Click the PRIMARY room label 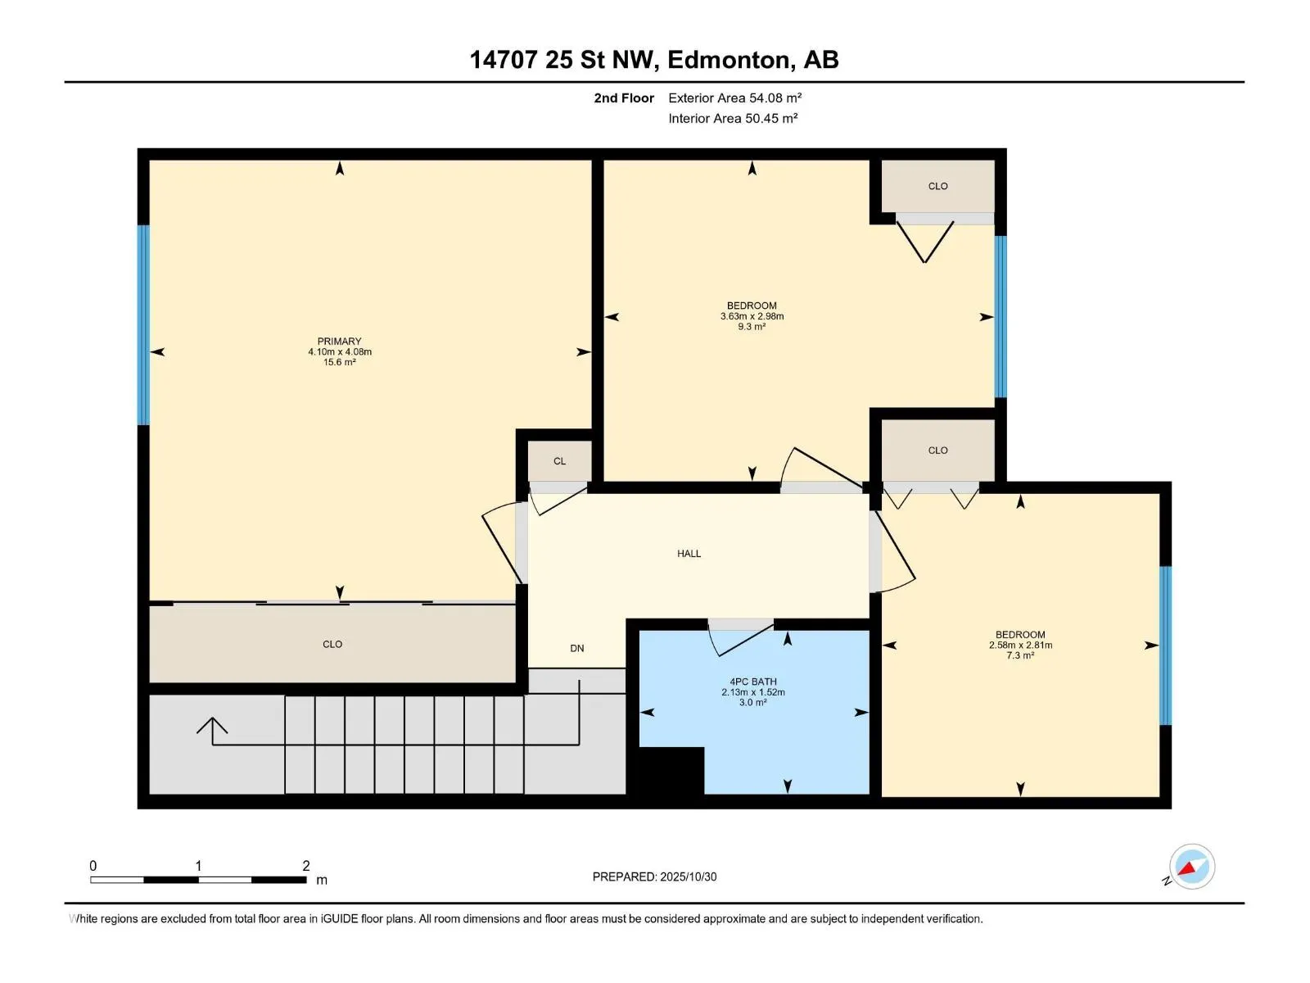(339, 341)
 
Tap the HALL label (689, 553)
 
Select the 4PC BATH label (752, 681)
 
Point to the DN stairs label (576, 648)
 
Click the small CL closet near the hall (559, 460)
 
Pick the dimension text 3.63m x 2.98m (752, 315)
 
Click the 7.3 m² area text (1020, 655)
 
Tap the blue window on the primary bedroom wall (143, 324)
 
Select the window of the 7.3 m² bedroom (1165, 646)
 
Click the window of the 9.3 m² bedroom (1001, 317)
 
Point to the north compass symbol (1191, 867)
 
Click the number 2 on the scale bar (306, 865)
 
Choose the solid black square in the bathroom (671, 770)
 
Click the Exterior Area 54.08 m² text (734, 97)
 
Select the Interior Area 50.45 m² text (733, 118)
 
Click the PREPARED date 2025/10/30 (688, 877)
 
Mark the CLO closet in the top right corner (937, 186)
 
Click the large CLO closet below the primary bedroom (332, 644)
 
